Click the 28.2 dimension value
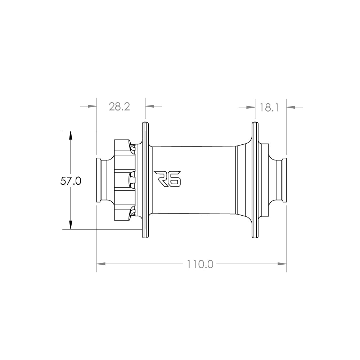coord(120,107)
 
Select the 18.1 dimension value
coord(269,107)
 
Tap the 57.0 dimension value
coord(71,181)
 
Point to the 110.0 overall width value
coord(200,264)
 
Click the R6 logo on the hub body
coord(168,179)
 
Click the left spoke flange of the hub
coord(145,180)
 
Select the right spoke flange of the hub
coord(255,180)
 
